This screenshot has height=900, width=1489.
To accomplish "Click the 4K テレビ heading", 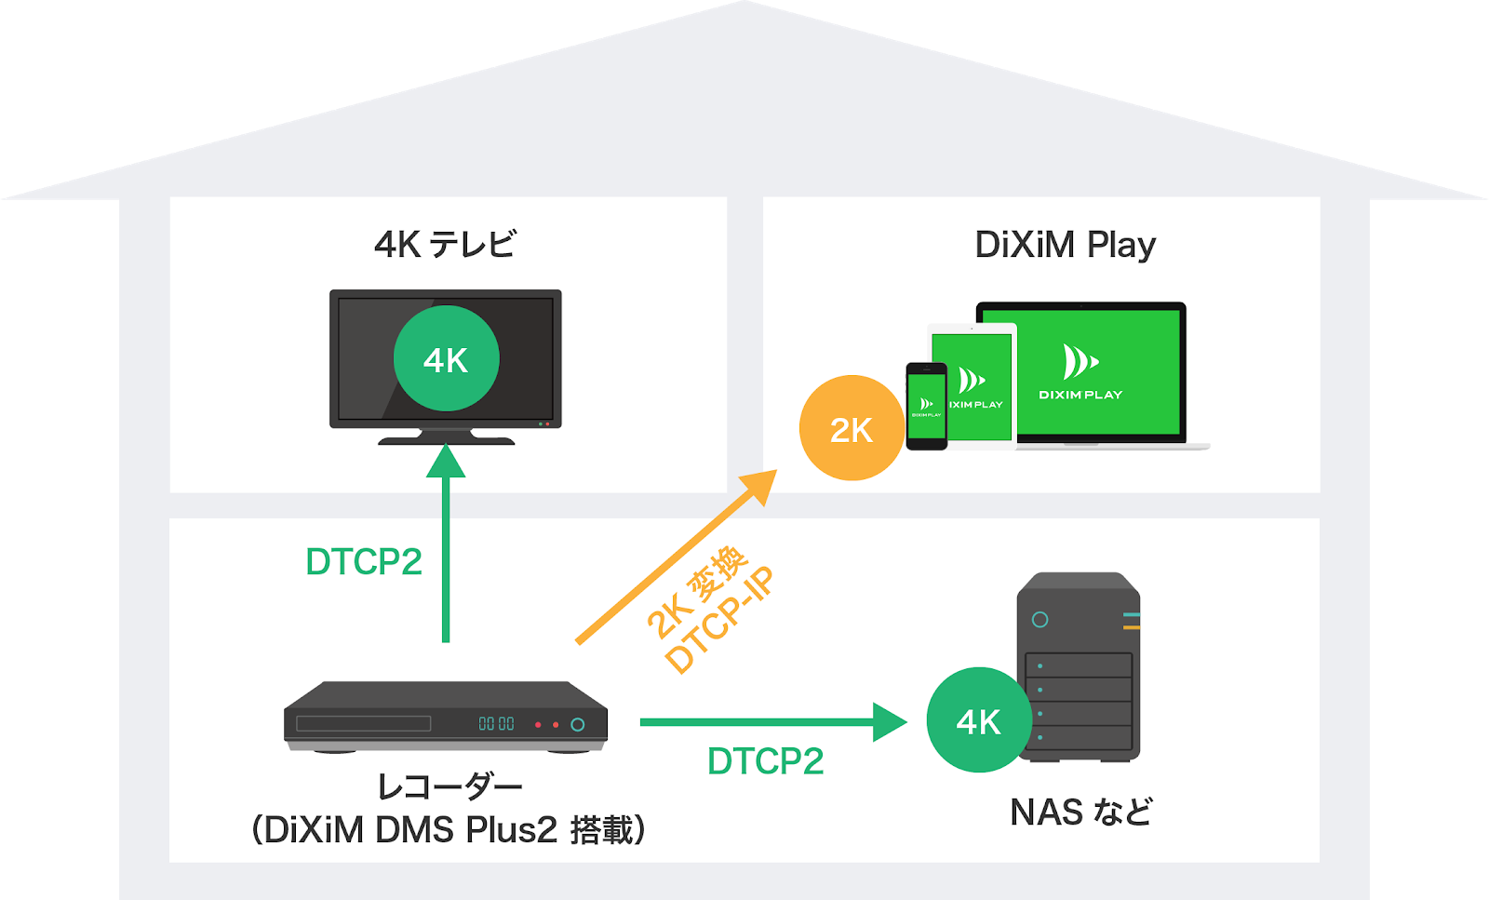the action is click(x=445, y=244).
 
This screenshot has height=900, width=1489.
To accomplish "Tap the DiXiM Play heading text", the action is click(x=1066, y=246).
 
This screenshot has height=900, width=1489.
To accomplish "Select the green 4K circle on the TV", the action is click(x=446, y=358).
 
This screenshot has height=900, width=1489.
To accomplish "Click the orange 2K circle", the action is click(x=852, y=428).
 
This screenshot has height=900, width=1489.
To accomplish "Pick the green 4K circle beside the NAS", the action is click(x=979, y=719).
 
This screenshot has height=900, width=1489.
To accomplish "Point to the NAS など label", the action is click(x=1080, y=812).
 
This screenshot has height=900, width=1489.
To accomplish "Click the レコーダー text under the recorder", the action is click(x=449, y=788).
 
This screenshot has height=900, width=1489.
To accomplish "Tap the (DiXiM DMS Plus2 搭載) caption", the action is click(x=449, y=829).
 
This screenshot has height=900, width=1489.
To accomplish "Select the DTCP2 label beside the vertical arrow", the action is click(x=364, y=561).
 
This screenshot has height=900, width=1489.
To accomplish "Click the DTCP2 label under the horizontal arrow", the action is click(x=765, y=761).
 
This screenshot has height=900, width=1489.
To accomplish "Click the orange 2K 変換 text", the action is click(x=697, y=592).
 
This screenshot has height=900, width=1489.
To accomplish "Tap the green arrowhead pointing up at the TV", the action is click(x=446, y=461).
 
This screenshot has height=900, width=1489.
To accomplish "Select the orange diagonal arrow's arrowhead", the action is click(x=758, y=486).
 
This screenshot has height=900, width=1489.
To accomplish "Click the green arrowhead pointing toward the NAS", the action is click(x=890, y=722).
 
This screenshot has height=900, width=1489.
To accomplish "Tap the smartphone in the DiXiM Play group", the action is click(x=927, y=406).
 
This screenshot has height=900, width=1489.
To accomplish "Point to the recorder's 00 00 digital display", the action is click(x=497, y=724).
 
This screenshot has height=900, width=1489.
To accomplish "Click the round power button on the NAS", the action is click(x=1040, y=620).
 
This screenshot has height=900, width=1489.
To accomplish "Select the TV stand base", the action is click(x=446, y=439).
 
